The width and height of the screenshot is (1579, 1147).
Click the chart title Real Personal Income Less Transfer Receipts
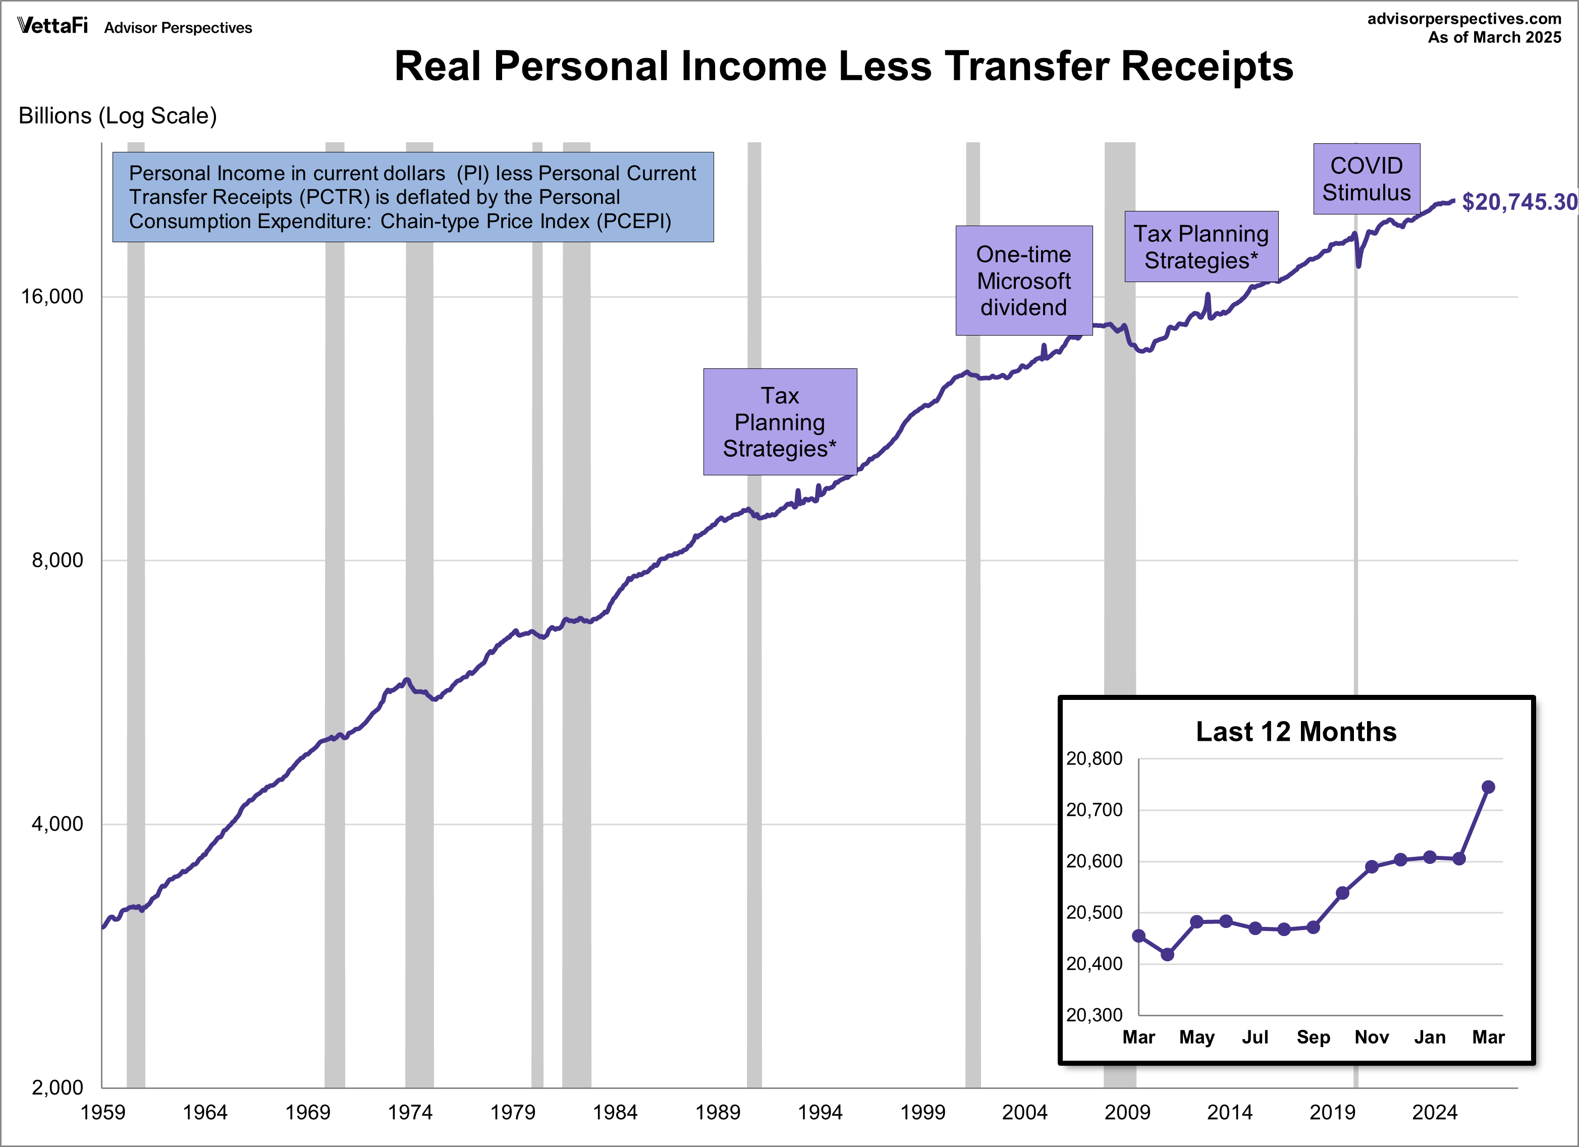pyautogui.click(x=843, y=67)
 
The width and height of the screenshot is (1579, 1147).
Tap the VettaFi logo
pyautogui.click(x=52, y=26)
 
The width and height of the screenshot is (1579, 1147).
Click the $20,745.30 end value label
pyautogui.click(x=1518, y=202)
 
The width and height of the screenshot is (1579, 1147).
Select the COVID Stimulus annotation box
pyautogui.click(x=1366, y=179)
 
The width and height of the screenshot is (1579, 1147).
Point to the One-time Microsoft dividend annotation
pyautogui.click(x=1023, y=281)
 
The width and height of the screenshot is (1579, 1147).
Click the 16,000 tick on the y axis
pyautogui.click(x=51, y=297)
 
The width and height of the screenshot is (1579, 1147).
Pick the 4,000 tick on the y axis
pyautogui.click(x=57, y=824)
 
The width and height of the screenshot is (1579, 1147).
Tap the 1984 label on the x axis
pyautogui.click(x=615, y=1112)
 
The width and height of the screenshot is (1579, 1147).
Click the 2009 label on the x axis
pyautogui.click(x=1126, y=1112)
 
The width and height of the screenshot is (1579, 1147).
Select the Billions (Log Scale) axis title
pyautogui.click(x=118, y=116)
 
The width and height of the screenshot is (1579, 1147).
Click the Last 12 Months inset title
pyautogui.click(x=1295, y=732)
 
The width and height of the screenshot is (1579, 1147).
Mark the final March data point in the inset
pyautogui.click(x=1488, y=787)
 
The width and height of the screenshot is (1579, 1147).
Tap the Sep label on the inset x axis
pyautogui.click(x=1313, y=1037)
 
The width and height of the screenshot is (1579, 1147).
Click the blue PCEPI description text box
pyautogui.click(x=413, y=197)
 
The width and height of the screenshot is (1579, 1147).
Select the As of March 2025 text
pyautogui.click(x=1494, y=37)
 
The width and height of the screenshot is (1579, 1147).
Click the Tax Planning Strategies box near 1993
pyautogui.click(x=780, y=422)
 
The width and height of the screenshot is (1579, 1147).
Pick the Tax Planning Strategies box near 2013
pyautogui.click(x=1201, y=246)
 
